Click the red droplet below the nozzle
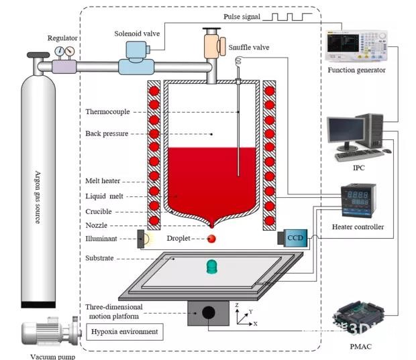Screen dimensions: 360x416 tap(211, 239)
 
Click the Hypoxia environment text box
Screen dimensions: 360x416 tap(125, 331)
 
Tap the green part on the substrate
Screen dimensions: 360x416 tap(212, 266)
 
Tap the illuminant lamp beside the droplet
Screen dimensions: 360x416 tap(144, 239)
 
